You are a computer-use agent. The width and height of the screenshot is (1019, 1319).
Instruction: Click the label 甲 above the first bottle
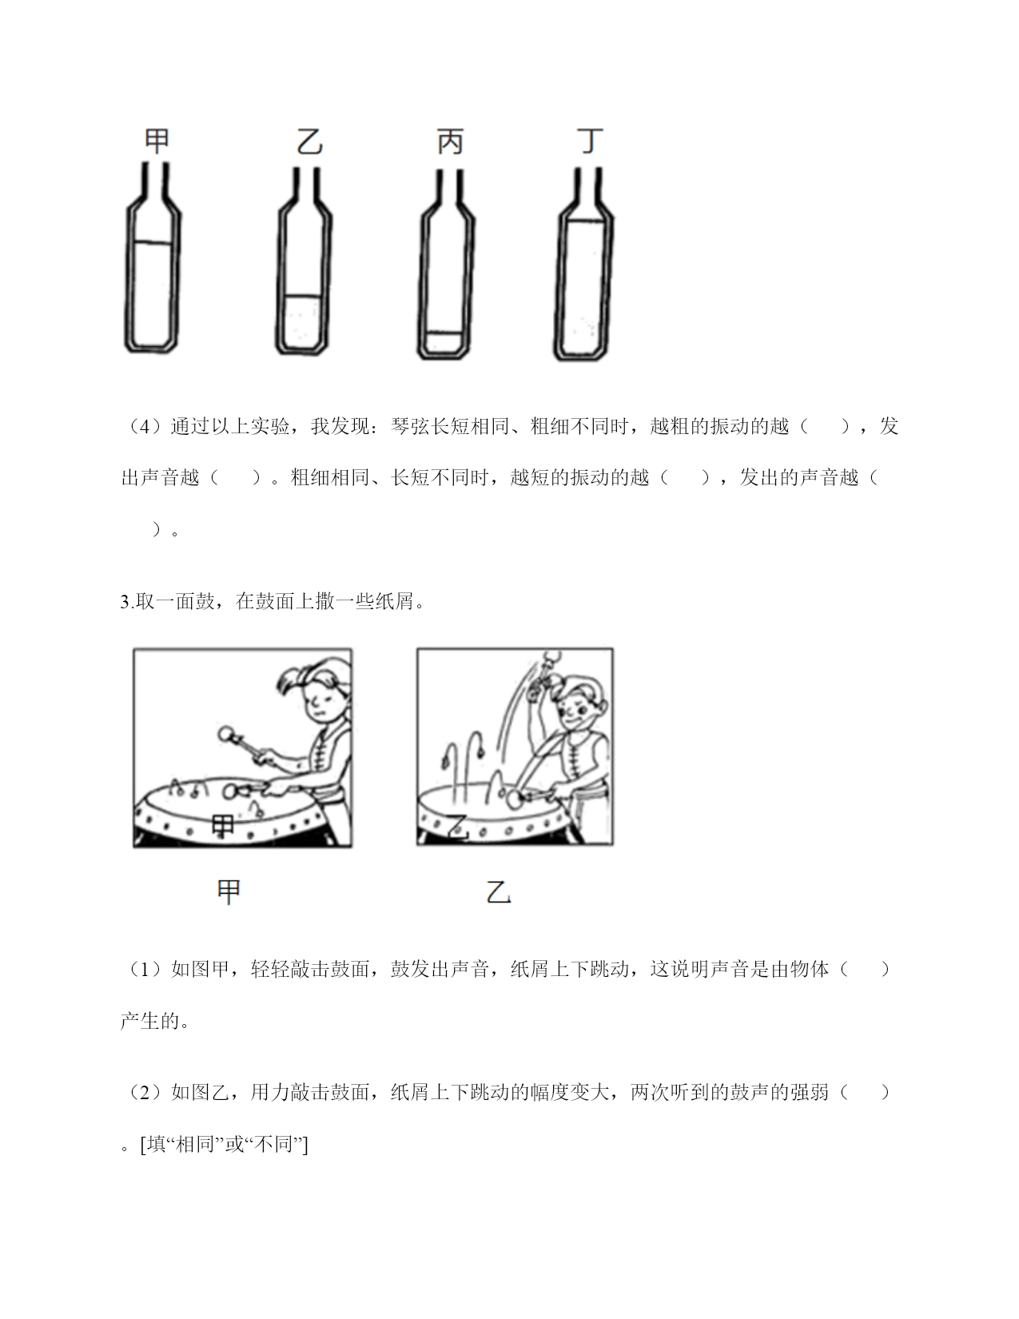pyautogui.click(x=157, y=141)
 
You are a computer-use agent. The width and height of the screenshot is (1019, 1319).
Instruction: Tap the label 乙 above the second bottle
pyautogui.click(x=309, y=142)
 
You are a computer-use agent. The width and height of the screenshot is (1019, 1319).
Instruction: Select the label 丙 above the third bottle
pyautogui.click(x=450, y=142)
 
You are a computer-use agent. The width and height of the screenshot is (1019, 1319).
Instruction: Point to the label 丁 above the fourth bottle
pyautogui.click(x=590, y=140)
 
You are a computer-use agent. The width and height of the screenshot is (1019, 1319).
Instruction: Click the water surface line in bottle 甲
pyautogui.click(x=153, y=243)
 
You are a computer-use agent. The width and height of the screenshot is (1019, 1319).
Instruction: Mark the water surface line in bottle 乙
pyautogui.click(x=303, y=297)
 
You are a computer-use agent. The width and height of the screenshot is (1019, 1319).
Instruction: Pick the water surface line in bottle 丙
pyautogui.click(x=444, y=333)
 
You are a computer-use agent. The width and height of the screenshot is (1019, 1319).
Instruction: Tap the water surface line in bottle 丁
pyautogui.click(x=586, y=221)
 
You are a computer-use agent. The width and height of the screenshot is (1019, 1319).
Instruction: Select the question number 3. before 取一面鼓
pyautogui.click(x=127, y=601)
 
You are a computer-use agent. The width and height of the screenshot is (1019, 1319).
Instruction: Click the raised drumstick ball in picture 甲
pyautogui.click(x=225, y=735)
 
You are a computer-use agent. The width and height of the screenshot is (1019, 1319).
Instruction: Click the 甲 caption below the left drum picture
pyautogui.click(x=229, y=892)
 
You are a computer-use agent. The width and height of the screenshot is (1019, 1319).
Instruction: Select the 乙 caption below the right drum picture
pyautogui.click(x=499, y=892)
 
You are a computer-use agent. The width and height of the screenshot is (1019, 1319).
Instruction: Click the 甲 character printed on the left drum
pyautogui.click(x=223, y=826)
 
